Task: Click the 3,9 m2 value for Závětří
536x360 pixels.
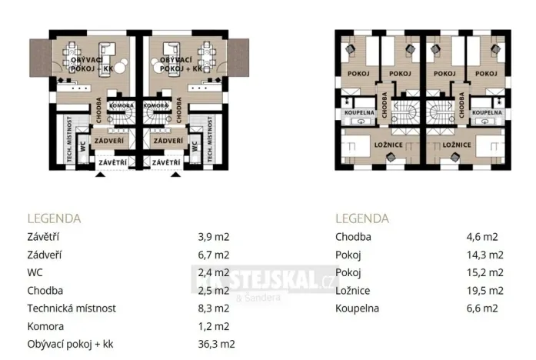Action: tap(213, 237)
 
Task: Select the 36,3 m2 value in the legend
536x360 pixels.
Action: tap(216, 344)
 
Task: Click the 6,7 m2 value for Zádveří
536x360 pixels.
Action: tap(213, 255)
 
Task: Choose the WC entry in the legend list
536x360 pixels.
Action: tap(36, 272)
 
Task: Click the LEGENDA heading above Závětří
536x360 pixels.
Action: tap(54, 218)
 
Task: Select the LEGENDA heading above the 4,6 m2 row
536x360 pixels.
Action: tap(362, 218)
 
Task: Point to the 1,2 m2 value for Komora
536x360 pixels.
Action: tap(213, 326)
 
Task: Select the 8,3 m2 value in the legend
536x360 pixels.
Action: tap(213, 308)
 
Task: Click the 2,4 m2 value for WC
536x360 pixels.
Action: tap(213, 272)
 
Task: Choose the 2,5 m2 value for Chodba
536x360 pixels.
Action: tap(213, 291)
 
